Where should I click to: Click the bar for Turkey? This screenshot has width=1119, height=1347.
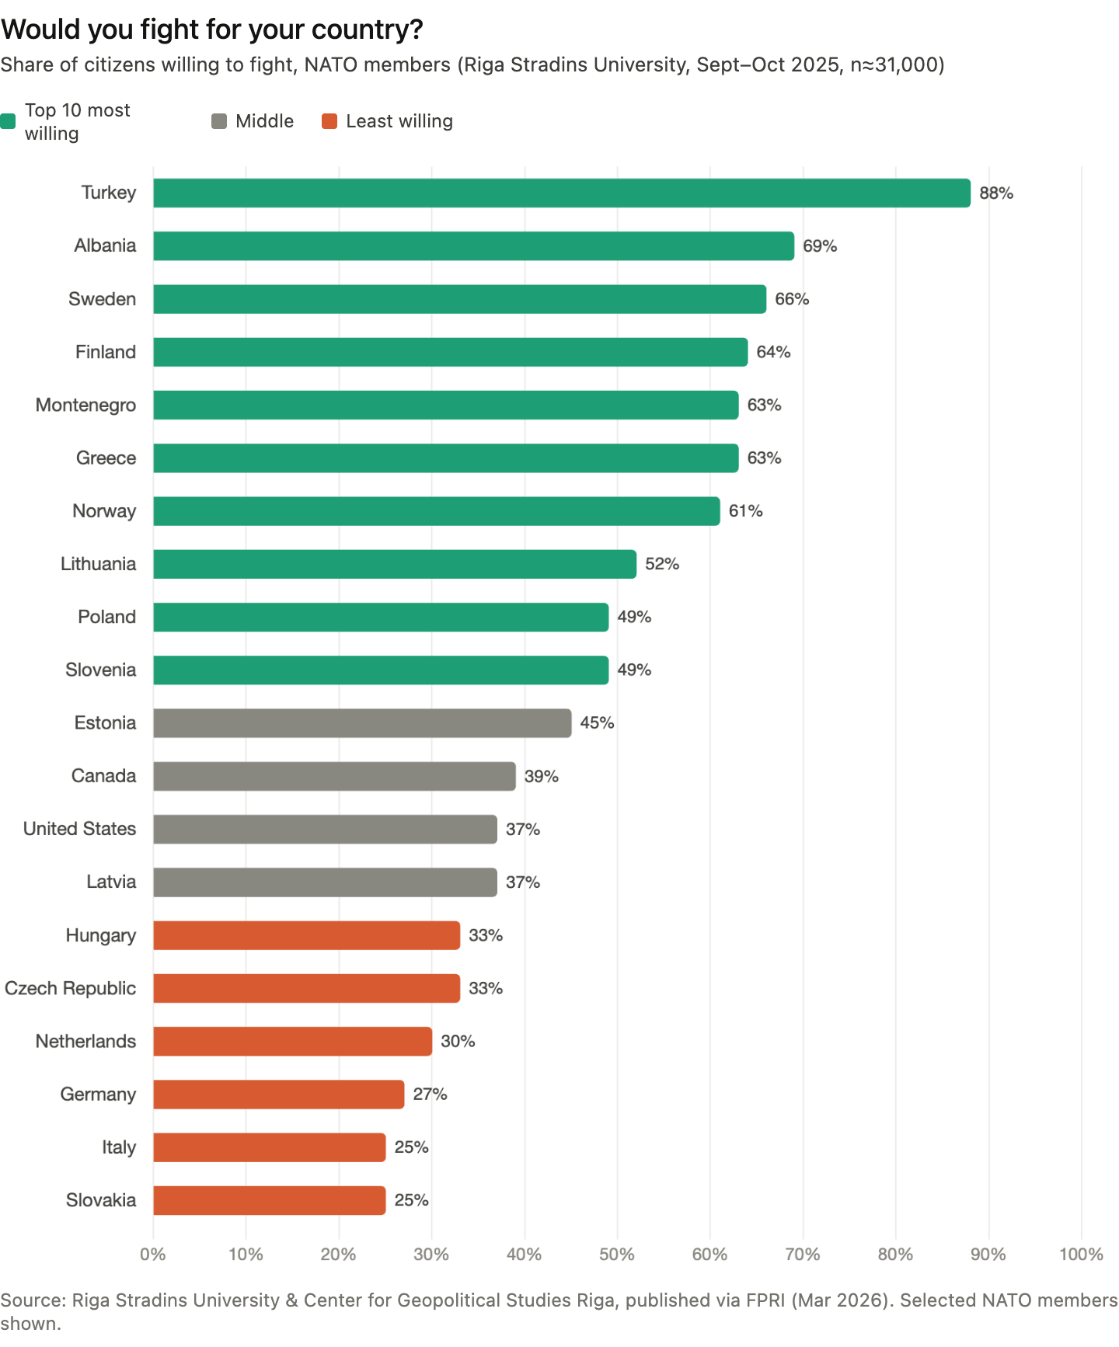(562, 193)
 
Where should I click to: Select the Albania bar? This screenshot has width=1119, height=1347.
(473, 245)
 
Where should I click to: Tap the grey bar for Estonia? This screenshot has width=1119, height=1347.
(362, 723)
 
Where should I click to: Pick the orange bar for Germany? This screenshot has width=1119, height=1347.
(278, 1094)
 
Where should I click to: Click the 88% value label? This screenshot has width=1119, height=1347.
(996, 193)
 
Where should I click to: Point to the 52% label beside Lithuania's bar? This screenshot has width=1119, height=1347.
(662, 564)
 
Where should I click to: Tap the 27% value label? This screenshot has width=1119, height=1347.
(430, 1095)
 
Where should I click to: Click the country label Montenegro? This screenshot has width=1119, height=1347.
(85, 405)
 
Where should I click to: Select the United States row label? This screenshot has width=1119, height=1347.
(79, 829)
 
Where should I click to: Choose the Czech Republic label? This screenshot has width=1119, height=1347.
(70, 988)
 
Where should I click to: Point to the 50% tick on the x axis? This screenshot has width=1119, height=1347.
(617, 1254)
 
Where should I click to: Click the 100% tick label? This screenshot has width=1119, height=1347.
(1081, 1254)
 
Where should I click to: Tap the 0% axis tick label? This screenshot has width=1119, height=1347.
(153, 1254)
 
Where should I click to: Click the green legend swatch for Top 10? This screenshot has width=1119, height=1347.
(8, 121)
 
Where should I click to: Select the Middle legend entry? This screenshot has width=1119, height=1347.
(253, 121)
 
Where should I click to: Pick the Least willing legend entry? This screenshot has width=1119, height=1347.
(387, 121)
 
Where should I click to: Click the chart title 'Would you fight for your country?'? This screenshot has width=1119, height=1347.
(211, 30)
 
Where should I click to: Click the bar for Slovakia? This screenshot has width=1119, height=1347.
(269, 1200)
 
